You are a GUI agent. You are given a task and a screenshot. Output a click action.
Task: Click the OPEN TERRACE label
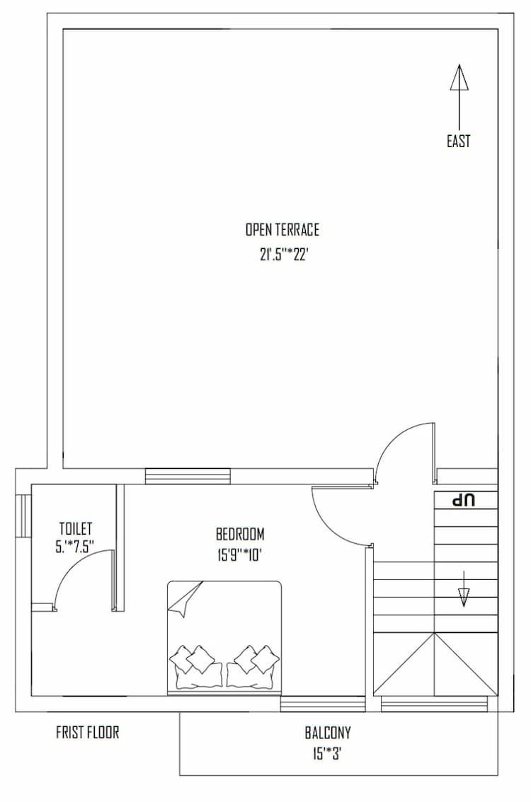tap(282, 230)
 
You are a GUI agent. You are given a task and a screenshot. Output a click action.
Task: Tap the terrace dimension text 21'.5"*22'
tap(282, 255)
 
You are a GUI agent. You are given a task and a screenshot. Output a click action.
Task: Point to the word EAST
tap(458, 141)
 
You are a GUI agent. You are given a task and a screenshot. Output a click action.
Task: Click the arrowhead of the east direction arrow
tap(459, 77)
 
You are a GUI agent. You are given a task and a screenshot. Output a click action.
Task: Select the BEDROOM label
tap(240, 533)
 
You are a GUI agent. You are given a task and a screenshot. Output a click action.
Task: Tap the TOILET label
tap(76, 528)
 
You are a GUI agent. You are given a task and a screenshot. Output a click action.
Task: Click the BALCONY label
tap(328, 733)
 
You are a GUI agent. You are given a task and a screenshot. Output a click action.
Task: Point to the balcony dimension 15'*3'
tap(328, 754)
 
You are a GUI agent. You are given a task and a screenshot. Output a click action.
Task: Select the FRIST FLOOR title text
tap(88, 732)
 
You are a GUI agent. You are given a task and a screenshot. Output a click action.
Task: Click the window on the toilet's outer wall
tap(23, 516)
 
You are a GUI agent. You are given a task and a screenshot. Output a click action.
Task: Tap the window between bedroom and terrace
tap(188, 477)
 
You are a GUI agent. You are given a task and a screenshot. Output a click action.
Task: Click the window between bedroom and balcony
tap(323, 704)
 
